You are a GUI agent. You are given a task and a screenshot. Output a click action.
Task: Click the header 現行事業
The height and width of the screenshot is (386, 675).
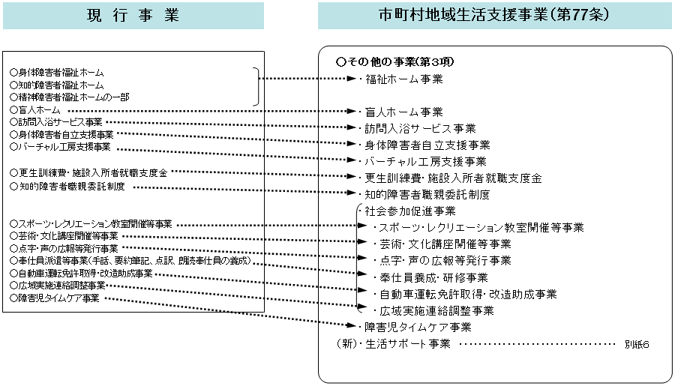click(x=133, y=15)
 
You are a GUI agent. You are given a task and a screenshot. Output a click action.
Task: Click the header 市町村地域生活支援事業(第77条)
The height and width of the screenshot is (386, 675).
click(x=495, y=15)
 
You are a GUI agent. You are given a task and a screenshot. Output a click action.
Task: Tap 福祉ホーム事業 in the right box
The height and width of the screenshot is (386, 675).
click(x=403, y=79)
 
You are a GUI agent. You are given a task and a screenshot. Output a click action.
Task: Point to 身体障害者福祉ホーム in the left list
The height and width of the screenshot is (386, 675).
click(x=57, y=73)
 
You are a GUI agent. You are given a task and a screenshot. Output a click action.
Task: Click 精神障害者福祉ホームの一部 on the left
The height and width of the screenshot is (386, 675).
click(x=69, y=97)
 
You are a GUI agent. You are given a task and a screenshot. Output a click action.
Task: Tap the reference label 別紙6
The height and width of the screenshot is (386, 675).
click(x=636, y=345)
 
